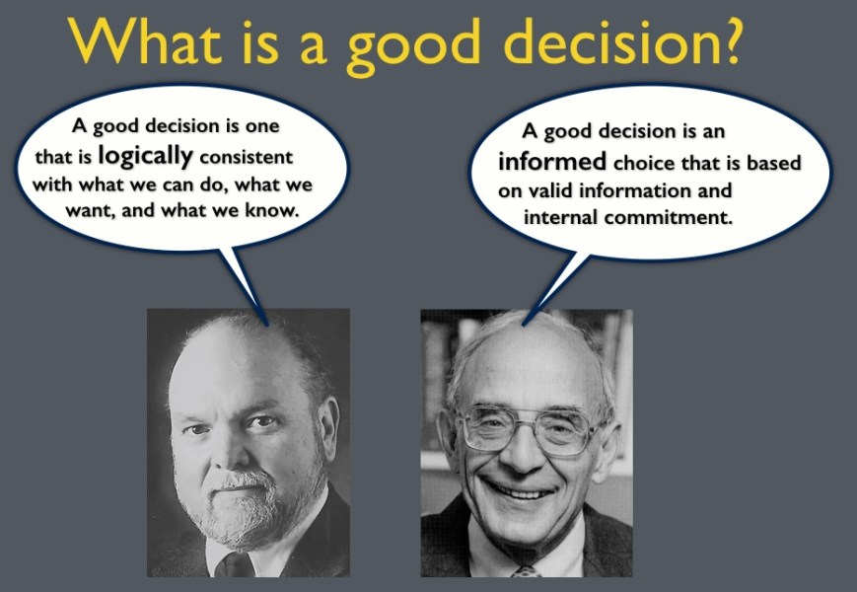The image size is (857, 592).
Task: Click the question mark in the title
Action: (x=725, y=40)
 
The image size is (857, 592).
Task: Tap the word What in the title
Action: (x=145, y=40)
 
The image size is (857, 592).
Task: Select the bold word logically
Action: (x=145, y=157)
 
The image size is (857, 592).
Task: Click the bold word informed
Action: (x=552, y=162)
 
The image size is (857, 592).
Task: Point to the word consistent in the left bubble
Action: (x=247, y=157)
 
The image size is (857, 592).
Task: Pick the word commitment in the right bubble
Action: (x=668, y=217)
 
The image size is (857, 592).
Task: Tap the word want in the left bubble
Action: (x=91, y=210)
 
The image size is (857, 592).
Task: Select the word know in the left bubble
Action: (x=272, y=210)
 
